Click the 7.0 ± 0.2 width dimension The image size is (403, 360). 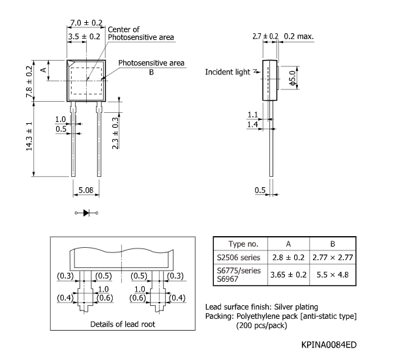tap(86, 23)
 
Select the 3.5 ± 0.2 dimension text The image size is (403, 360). tap(84, 37)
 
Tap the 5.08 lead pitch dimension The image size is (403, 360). tap(86, 190)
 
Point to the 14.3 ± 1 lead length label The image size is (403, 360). tap(29, 136)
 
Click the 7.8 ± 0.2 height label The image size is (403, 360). tap(29, 82)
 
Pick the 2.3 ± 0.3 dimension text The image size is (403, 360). tap(115, 133)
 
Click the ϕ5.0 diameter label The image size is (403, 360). tap(293, 78)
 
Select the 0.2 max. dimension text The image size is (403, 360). tap(299, 37)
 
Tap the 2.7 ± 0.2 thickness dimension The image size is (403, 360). tap(265, 37)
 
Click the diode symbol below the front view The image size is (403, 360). tap(86, 213)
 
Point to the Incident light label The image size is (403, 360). tap(228, 72)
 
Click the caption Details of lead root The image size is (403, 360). tap(123, 324)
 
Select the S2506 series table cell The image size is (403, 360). tap(239, 258)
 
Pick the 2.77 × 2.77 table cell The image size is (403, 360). tap(333, 258)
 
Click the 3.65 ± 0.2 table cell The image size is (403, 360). tap(288, 275)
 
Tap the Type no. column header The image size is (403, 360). tap(243, 244)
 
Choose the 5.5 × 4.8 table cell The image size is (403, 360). tap(333, 275)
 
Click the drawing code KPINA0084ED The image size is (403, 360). tap(329, 344)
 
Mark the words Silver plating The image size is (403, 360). tap(296, 307)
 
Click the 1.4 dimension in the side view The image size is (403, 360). tap(252, 125)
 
